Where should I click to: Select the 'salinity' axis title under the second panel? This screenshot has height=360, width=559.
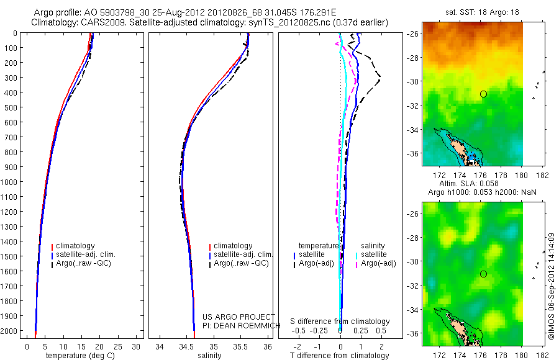(x=209, y=356)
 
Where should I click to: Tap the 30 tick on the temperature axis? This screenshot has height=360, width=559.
(x=137, y=346)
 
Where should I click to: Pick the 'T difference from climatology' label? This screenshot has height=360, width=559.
(x=340, y=356)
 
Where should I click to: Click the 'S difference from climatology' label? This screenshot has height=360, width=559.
(x=340, y=322)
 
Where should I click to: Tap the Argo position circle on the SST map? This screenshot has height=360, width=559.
(x=483, y=94)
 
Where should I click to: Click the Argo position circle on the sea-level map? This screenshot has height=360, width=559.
(x=483, y=274)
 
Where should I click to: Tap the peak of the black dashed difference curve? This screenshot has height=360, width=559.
(x=379, y=78)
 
